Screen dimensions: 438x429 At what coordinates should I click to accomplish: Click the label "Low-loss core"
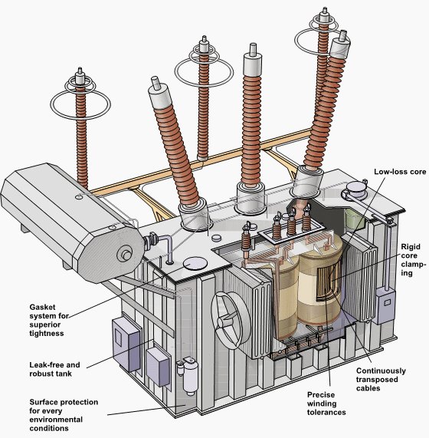click(399, 172)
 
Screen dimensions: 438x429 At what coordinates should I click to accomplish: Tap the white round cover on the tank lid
click(195, 263)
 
